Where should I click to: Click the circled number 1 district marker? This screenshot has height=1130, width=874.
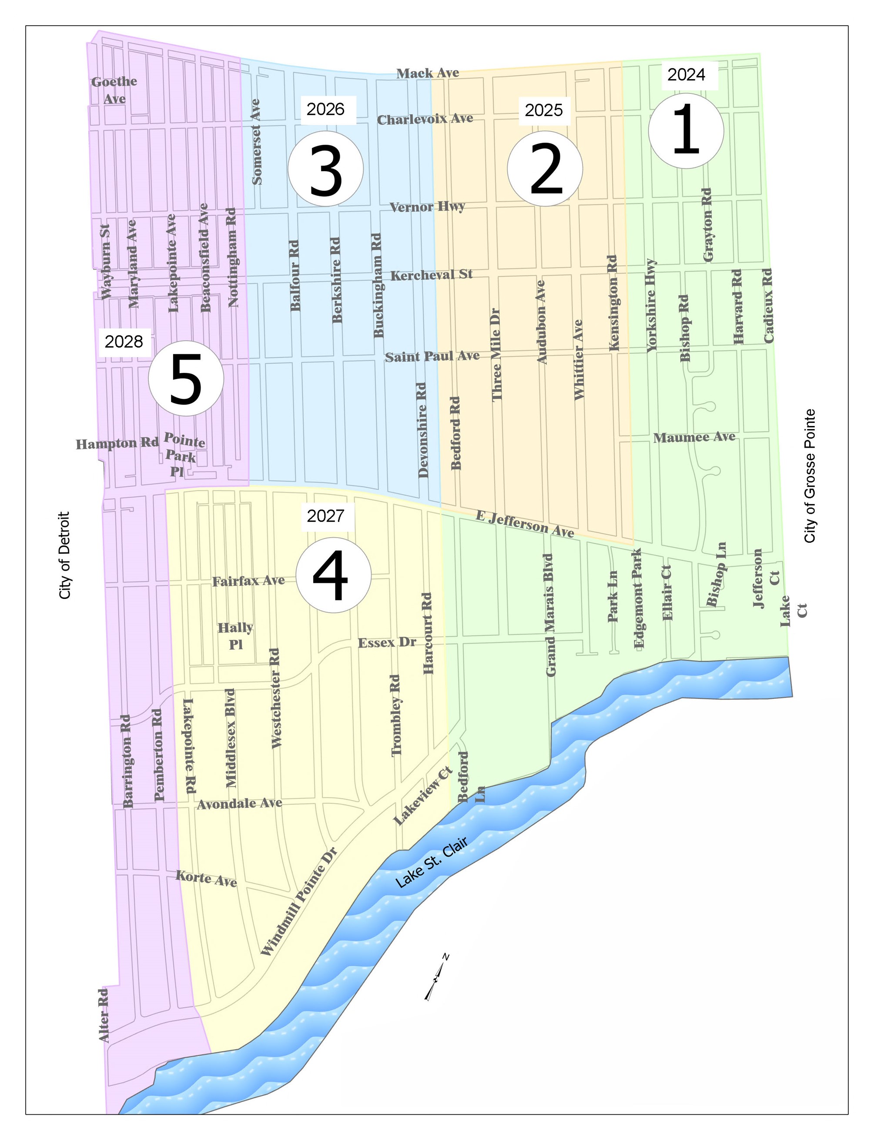point(686,130)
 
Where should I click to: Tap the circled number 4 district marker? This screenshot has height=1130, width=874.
point(333,575)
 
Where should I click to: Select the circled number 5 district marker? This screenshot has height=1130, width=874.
point(186,378)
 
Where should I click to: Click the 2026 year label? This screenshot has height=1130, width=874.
point(326,109)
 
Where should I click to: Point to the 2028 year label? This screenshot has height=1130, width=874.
point(124,342)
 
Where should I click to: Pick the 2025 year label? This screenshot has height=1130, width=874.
point(544,110)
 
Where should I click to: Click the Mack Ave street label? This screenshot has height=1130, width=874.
point(428,73)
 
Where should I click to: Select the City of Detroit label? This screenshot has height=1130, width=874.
point(65,555)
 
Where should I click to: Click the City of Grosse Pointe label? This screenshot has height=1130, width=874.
point(810,476)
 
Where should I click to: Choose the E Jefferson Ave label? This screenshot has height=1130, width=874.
point(525,524)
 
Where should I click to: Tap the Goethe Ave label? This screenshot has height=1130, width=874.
point(114,90)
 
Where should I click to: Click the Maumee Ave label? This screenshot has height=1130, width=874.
point(694,438)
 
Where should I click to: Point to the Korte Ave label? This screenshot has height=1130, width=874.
point(206,878)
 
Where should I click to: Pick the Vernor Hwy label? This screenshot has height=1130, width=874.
point(427,207)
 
